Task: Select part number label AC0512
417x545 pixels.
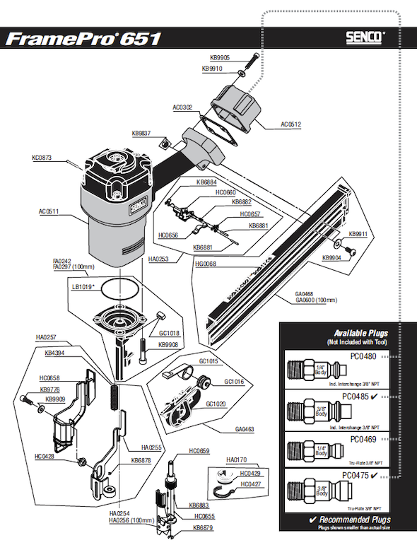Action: pos(290,124)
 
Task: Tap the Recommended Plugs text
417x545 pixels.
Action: pos(351,520)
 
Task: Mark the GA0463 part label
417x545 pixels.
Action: pos(246,429)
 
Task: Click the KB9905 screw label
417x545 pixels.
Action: pos(221,58)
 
